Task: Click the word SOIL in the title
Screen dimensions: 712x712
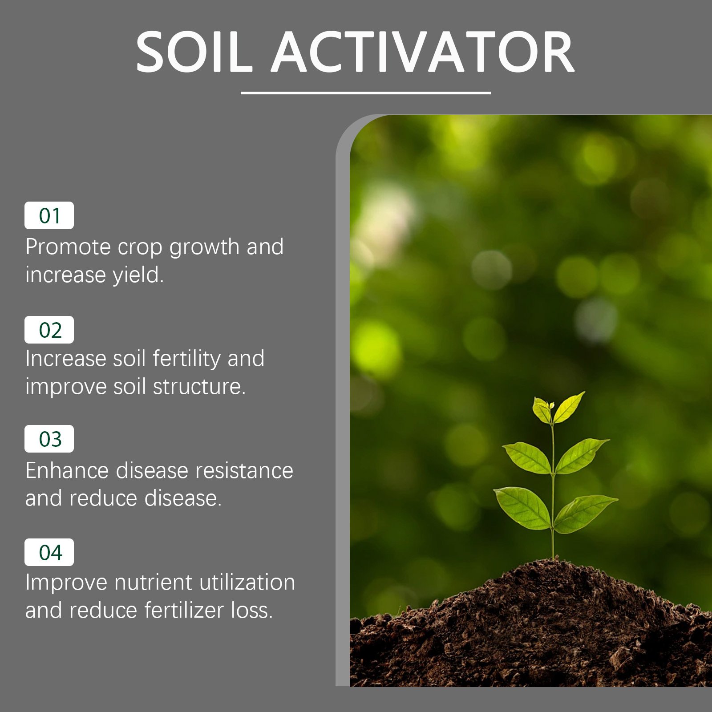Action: pos(194,53)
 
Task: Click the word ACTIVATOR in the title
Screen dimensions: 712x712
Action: pos(423,53)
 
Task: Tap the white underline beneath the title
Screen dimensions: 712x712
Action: pos(365,93)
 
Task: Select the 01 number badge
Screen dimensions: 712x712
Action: pos(49,216)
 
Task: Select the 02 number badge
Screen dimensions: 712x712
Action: pos(49,330)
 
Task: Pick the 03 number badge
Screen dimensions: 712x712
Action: pos(49,439)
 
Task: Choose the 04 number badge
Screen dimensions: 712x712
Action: pos(49,552)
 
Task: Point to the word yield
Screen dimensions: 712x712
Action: pos(138,275)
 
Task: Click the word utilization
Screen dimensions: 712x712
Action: pos(247,583)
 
